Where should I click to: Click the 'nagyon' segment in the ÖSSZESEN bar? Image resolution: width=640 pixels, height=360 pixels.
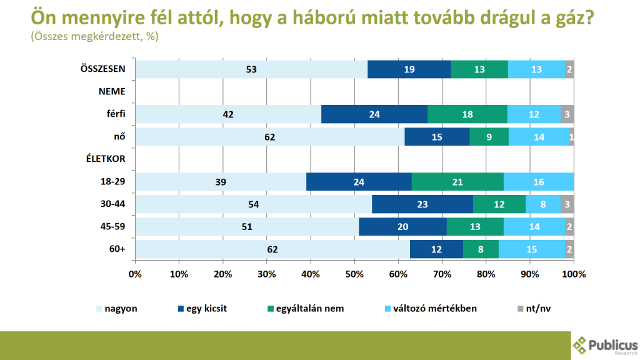(x=252, y=69)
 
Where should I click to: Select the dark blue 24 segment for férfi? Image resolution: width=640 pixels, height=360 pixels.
(x=374, y=114)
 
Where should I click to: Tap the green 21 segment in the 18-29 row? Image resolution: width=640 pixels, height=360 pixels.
(x=457, y=182)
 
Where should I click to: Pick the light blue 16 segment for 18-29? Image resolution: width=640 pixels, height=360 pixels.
(x=539, y=182)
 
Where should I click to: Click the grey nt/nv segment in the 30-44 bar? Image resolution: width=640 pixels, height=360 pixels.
(x=567, y=204)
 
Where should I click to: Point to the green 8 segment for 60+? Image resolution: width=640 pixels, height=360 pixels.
(x=481, y=249)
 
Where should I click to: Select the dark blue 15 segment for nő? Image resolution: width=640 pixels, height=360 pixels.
(x=437, y=137)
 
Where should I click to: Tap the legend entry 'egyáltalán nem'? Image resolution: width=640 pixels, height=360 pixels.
(x=304, y=308)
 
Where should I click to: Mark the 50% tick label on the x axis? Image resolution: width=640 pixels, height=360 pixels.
(x=354, y=274)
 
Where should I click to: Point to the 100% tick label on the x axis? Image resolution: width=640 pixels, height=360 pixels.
(x=573, y=274)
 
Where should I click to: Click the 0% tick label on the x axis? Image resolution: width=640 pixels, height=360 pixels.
(x=135, y=274)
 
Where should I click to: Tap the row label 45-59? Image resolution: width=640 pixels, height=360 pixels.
(x=112, y=227)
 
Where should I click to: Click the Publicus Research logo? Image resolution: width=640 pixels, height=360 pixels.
(x=604, y=346)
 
